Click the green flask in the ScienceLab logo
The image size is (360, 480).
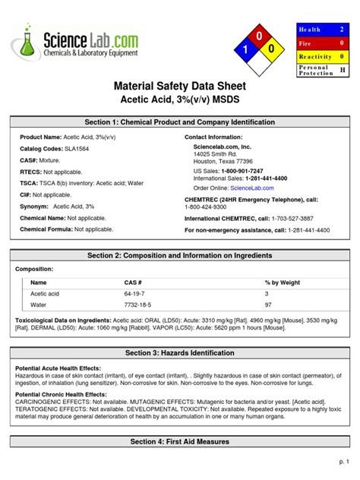pyautogui.click(x=27, y=45)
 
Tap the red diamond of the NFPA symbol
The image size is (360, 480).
pyautogui.click(x=258, y=36)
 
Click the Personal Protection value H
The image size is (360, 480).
pyautogui.click(x=343, y=70)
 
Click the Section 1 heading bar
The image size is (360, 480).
pyautogui.click(x=180, y=122)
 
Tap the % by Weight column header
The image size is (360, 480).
pyautogui.click(x=282, y=282)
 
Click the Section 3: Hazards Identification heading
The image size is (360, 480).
pyautogui.click(x=180, y=353)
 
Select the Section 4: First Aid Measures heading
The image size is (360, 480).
pyautogui.click(x=180, y=441)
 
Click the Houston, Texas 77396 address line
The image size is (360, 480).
pyautogui.click(x=223, y=162)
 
